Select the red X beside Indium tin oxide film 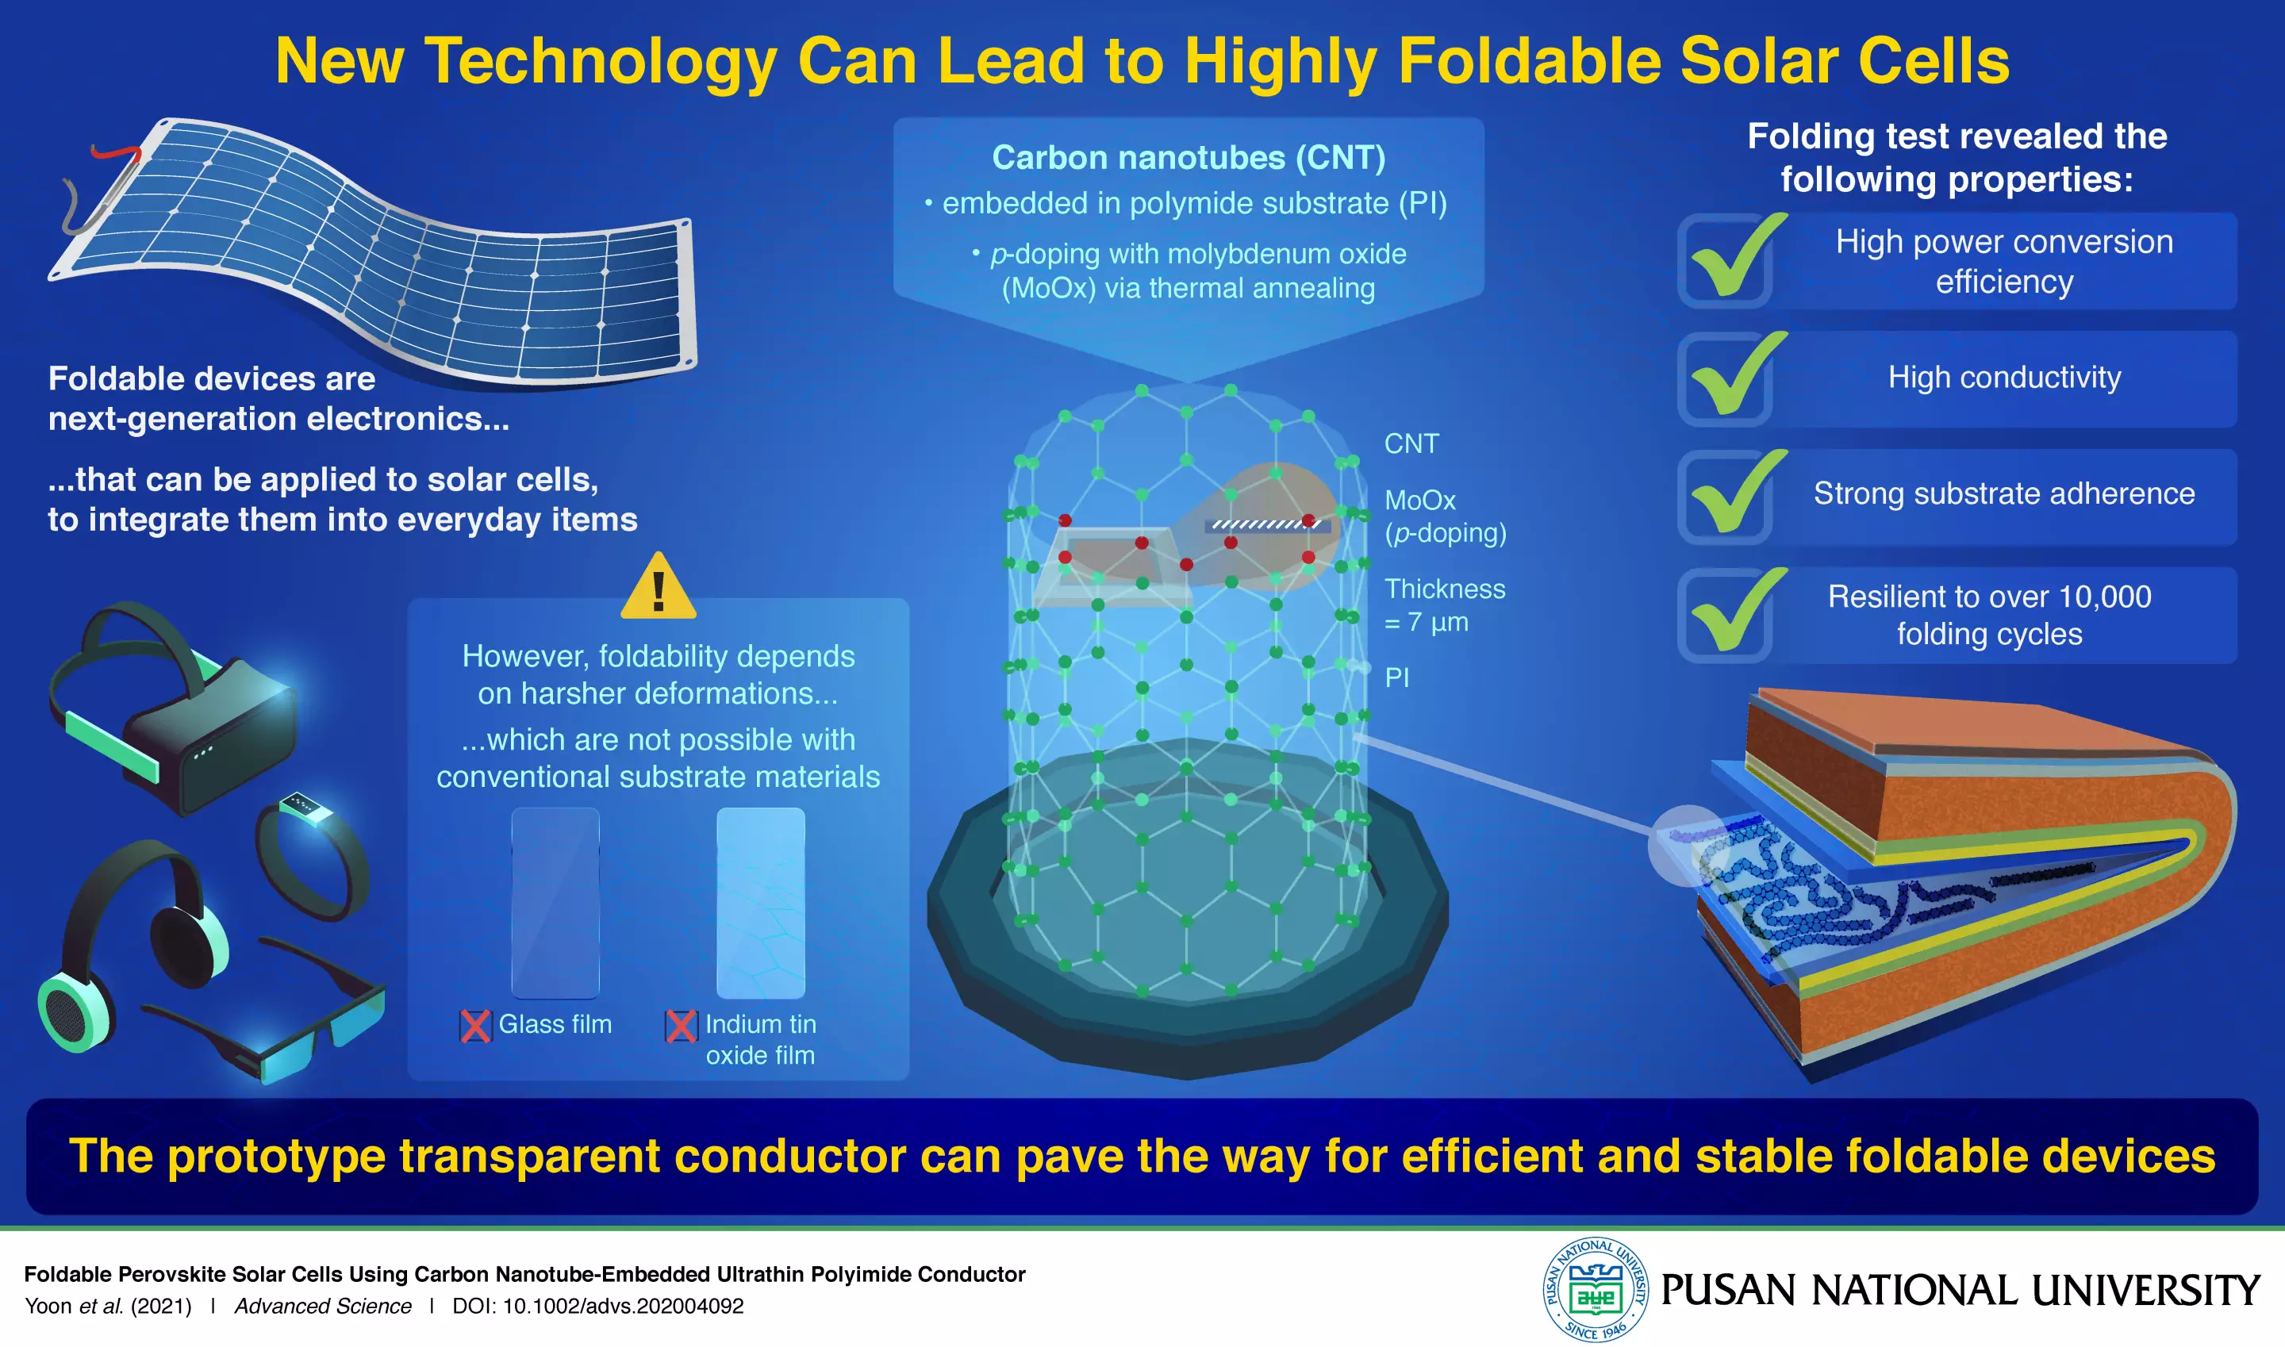pos(681,1026)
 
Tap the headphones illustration pos(136,944)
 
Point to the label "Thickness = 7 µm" pos(1443,605)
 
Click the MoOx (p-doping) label pos(1443,516)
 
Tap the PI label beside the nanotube pos(1397,677)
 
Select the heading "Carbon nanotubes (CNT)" pos(1189,158)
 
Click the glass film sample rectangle pos(555,903)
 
